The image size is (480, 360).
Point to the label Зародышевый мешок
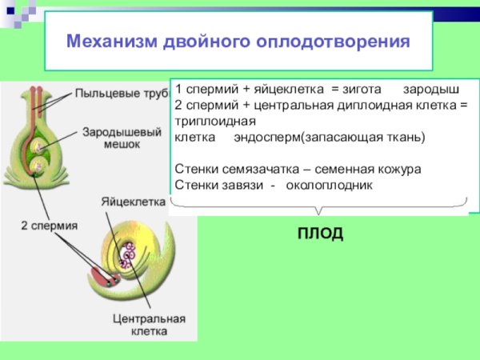(110, 138)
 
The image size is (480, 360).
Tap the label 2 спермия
(49, 226)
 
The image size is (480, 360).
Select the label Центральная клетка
(150, 324)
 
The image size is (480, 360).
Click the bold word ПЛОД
(320, 234)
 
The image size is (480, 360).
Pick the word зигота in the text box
(363, 89)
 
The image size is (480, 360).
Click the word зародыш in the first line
(431, 89)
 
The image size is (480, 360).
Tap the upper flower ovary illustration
(38, 140)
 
